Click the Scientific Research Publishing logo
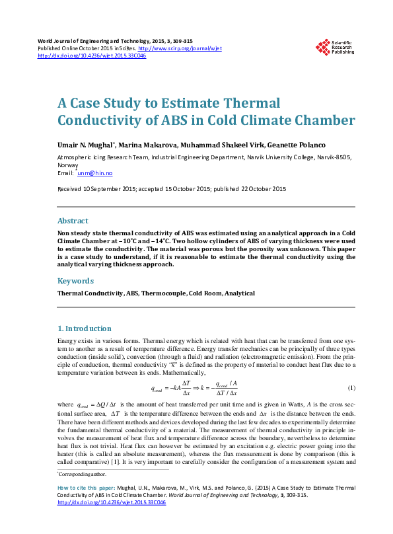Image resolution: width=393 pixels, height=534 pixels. (334, 48)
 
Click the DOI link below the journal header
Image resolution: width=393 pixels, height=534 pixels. (92, 56)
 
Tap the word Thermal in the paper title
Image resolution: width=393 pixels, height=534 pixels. (251, 104)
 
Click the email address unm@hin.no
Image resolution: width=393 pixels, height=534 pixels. (94, 173)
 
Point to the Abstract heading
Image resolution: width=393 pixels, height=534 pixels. (73, 221)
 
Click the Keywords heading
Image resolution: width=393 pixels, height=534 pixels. (76, 281)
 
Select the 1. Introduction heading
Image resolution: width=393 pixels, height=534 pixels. (85, 328)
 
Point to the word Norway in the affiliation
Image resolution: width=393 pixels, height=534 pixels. (69, 165)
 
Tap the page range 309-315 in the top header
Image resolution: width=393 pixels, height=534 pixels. (178, 41)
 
